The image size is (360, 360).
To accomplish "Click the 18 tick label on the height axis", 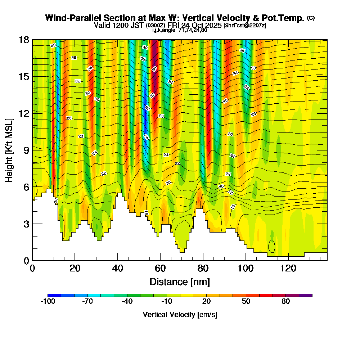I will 24,40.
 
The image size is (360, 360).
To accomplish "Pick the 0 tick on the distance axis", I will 32,261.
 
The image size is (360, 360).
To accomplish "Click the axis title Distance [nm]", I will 180,282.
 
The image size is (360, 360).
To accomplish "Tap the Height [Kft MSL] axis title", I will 9,150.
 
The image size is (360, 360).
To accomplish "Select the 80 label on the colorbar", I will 286,302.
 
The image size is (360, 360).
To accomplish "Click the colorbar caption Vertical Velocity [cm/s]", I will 180,315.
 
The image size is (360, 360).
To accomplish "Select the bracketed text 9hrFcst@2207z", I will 245,25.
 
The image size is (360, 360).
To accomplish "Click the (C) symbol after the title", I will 311,18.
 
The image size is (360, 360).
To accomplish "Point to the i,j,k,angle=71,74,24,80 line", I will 180,30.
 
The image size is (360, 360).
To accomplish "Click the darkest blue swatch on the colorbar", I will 54,295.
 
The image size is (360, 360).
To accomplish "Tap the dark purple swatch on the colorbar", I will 306,295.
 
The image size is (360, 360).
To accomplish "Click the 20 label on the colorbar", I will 206,302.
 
